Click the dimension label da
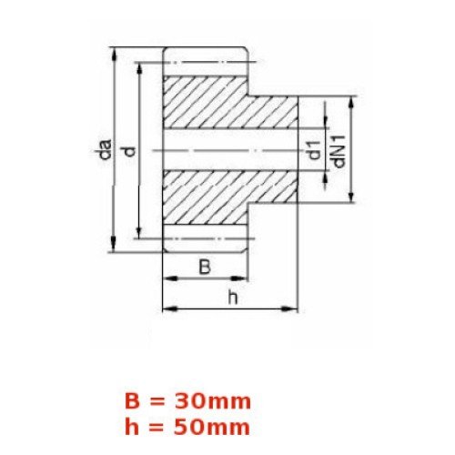(x=106, y=149)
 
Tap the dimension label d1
(x=314, y=150)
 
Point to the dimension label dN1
(x=339, y=152)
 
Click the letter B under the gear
(x=205, y=267)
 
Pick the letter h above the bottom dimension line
(x=233, y=298)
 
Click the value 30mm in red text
(x=212, y=401)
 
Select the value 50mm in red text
(x=212, y=428)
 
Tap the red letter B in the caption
(x=132, y=401)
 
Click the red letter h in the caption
(x=132, y=427)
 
